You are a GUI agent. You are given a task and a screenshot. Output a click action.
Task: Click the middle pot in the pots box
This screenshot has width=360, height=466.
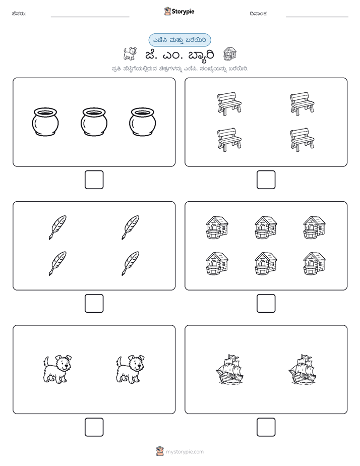94,122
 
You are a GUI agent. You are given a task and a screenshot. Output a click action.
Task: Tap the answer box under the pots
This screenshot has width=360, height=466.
94,180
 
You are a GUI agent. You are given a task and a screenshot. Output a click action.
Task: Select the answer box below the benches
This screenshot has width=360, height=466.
266,180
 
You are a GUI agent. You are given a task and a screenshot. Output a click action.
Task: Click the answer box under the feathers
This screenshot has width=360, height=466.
94,304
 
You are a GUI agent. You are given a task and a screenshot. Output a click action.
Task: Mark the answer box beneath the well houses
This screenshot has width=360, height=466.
266,304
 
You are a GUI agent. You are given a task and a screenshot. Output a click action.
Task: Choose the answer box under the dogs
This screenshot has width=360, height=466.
94,427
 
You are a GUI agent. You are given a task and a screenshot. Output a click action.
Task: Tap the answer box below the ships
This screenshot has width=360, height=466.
266,427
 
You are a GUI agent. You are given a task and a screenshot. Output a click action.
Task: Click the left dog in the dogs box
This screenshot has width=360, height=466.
57,369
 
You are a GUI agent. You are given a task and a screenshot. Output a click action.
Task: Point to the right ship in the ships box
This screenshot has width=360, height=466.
302,369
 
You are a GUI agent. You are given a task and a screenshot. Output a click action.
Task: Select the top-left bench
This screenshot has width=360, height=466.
229,103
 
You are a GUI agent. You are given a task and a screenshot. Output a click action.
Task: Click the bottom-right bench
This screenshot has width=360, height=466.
302,140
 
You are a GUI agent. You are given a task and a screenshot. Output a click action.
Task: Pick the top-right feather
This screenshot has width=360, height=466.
131,227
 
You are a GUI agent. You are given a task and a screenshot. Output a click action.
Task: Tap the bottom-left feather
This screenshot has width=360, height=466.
57,264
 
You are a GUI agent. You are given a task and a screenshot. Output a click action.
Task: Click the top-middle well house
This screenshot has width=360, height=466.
266,227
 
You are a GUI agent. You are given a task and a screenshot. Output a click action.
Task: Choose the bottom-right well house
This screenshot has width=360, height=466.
314,264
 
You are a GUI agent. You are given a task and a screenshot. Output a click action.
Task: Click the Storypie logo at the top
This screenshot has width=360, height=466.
179,11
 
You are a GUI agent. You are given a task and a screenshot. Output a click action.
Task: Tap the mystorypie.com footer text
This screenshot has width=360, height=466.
185,452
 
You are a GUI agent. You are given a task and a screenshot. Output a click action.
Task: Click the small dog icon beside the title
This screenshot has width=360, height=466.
130,54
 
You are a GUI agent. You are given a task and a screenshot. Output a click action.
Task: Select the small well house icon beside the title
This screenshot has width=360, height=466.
230,54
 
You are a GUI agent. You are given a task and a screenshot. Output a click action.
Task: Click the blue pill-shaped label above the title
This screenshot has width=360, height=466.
179,40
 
